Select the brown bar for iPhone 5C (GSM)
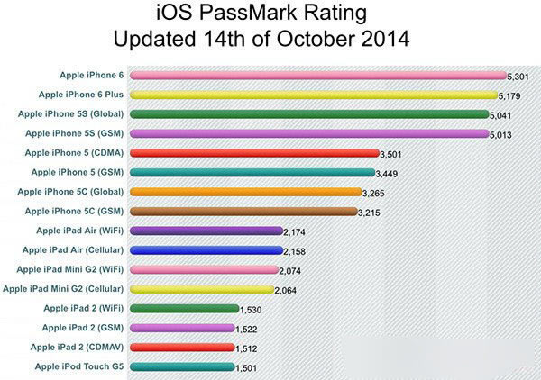pos(243,212)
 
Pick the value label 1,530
pos(251,309)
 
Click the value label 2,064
pos(288,290)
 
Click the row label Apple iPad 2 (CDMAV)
pos(77,347)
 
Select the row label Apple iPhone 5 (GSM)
pos(77,172)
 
